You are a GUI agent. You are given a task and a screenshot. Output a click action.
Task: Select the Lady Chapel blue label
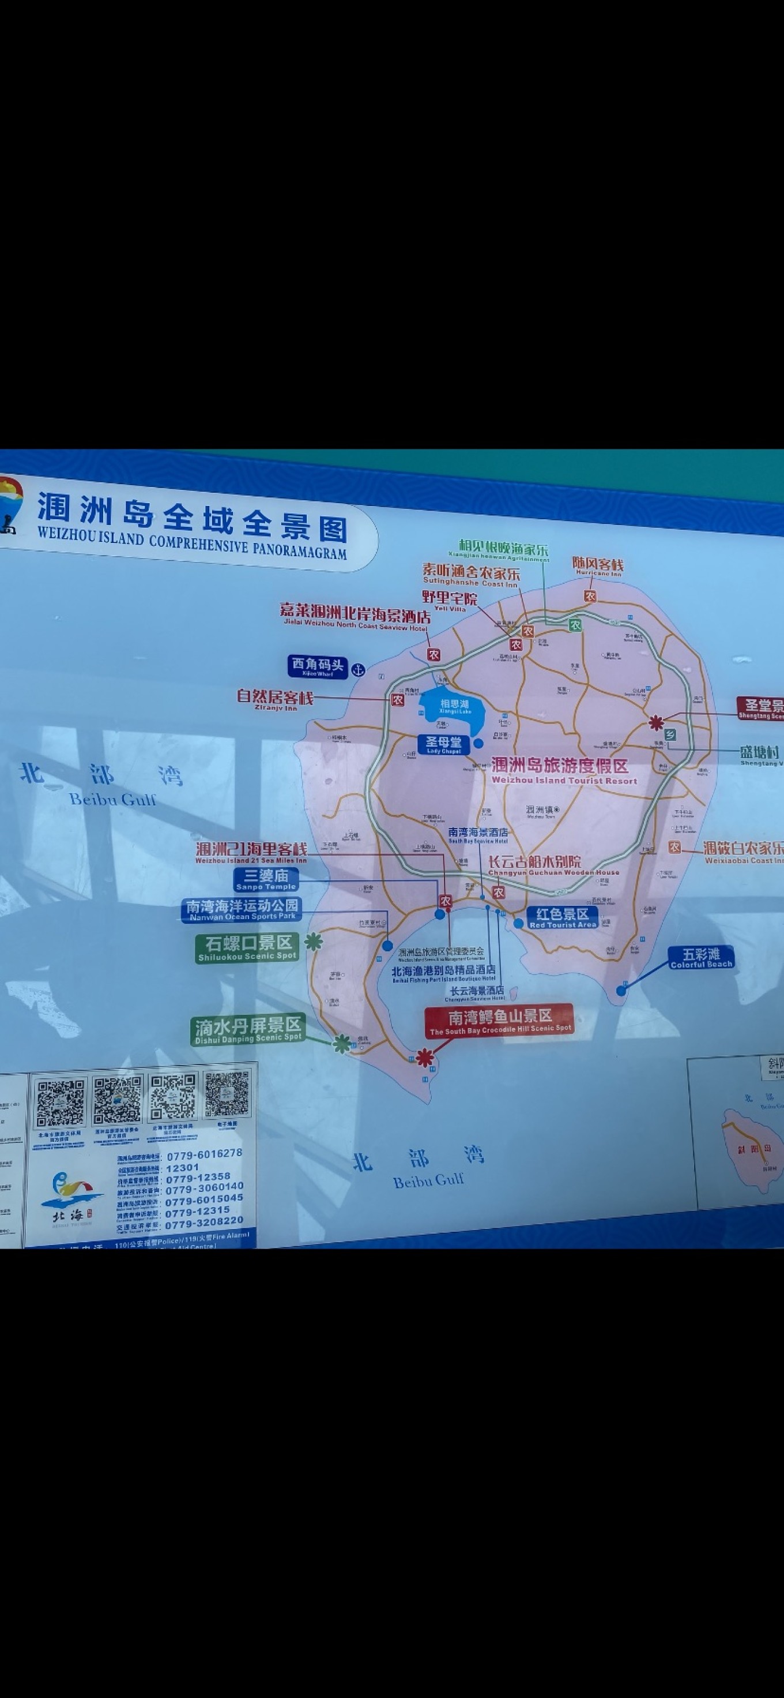(x=443, y=745)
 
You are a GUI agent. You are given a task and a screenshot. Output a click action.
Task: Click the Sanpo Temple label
(x=266, y=879)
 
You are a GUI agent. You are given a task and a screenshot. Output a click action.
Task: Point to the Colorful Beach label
(x=701, y=957)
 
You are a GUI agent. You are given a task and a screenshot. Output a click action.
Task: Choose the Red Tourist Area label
(x=562, y=917)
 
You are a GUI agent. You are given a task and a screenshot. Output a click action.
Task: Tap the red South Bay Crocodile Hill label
(x=499, y=1021)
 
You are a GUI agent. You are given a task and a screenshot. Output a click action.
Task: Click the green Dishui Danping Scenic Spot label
(x=248, y=1030)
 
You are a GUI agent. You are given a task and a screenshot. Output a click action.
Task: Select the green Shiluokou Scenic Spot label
(x=247, y=948)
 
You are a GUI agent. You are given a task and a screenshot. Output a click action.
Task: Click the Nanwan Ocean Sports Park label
(x=242, y=910)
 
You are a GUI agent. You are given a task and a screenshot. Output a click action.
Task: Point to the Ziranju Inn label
(x=275, y=698)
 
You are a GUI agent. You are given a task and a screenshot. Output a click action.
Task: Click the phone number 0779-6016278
(x=204, y=1156)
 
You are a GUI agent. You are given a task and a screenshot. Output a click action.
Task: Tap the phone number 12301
(x=183, y=1167)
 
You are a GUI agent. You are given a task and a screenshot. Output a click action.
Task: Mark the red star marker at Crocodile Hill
(x=425, y=1058)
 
